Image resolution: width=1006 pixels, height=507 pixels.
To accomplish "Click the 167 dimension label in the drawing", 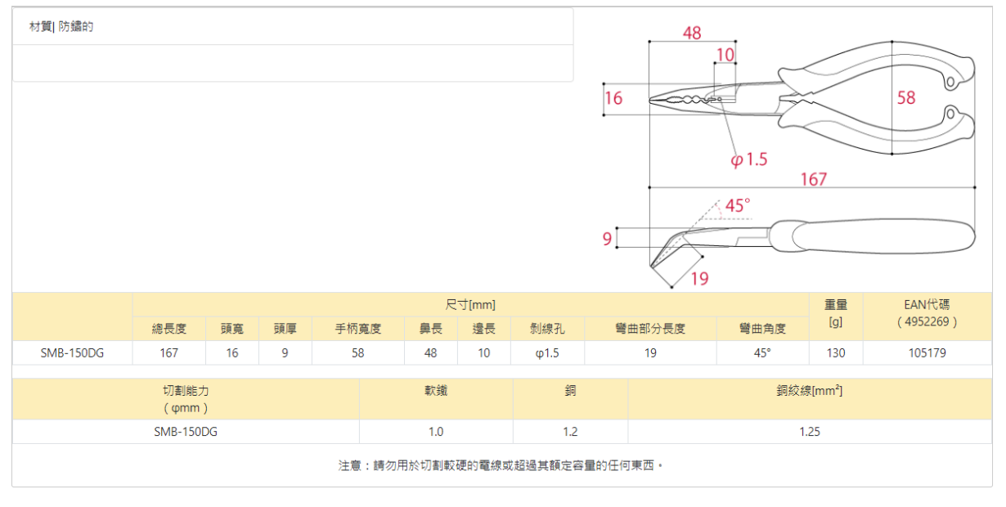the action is pos(813,178).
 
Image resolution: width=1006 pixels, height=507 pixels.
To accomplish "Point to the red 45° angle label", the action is pos(738,205).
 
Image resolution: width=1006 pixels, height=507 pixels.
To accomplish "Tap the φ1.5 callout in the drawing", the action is pos(749,159).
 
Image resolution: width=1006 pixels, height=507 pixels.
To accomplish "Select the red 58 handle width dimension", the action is pos(906,98).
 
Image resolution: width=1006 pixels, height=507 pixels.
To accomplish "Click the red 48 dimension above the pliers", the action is pos(692,34).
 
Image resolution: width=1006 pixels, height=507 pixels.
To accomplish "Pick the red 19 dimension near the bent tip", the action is pos(699,279).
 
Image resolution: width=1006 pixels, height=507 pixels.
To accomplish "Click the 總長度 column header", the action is pos(169,329).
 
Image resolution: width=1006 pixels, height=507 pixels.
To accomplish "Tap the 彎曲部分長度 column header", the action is pos(650,329).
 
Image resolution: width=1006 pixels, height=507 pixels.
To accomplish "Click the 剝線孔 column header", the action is pos(548,329).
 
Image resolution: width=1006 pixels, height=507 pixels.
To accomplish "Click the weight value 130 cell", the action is pos(836,353).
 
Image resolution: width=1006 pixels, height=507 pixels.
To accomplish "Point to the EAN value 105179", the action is pos(927,353).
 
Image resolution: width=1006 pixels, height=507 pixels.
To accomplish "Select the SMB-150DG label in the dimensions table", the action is pos(73,353).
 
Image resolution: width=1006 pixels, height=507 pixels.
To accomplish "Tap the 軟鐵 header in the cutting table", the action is pos(436,391).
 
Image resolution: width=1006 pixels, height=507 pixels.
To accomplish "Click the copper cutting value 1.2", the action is pos(570,432).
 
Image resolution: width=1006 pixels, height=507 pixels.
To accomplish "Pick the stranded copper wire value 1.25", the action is pos(810,432).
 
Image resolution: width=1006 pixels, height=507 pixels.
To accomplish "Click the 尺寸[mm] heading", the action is pos(470,305).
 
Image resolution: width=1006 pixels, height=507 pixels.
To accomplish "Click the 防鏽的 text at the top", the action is pos(76,27).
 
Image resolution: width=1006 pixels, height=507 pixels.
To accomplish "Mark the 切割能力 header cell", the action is pos(186,399).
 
